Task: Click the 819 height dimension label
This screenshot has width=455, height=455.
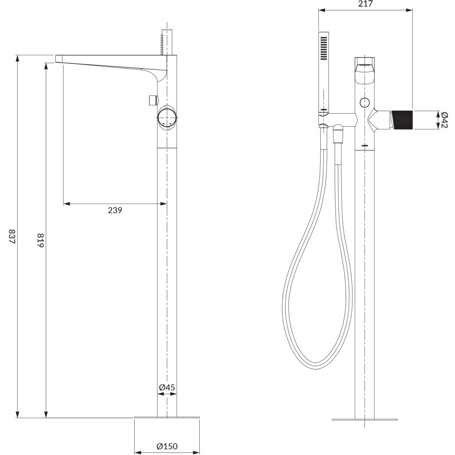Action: (x=40, y=240)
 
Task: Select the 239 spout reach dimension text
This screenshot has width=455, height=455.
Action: (x=115, y=210)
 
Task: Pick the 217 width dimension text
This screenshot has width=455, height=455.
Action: (x=365, y=4)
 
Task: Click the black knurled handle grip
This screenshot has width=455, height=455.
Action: (x=402, y=120)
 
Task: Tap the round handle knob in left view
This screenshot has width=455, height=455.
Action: (x=167, y=117)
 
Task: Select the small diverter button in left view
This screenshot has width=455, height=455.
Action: (x=154, y=100)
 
